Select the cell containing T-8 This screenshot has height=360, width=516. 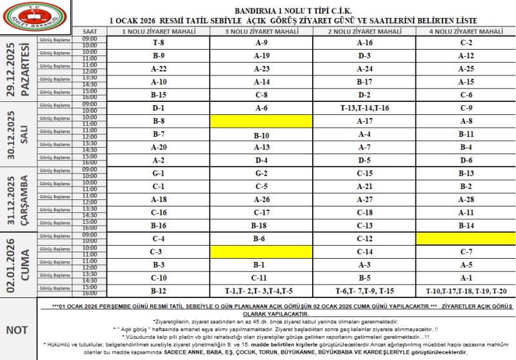(158, 43)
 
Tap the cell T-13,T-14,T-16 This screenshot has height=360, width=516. (364, 108)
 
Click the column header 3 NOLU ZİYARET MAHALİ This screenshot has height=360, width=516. (261, 31)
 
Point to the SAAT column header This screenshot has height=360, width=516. (90, 31)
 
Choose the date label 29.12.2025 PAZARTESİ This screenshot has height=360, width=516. (18, 69)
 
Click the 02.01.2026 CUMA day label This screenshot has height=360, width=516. (18, 265)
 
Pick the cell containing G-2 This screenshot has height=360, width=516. (261, 174)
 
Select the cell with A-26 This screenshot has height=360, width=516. (261, 199)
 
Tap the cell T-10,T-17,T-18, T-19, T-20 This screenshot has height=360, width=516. (466, 290)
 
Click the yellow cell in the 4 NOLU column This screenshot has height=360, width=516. (466, 239)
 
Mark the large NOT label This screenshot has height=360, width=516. (17, 330)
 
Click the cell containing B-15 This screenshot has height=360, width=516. (158, 95)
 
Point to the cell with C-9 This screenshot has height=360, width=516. (466, 108)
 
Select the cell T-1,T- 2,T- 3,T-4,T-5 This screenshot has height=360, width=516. (261, 290)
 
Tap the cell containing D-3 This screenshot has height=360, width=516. (364, 55)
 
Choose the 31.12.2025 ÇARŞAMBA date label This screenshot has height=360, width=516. (18, 199)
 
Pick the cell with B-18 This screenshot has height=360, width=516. (261, 226)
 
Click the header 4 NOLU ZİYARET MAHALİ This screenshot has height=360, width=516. (466, 31)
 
